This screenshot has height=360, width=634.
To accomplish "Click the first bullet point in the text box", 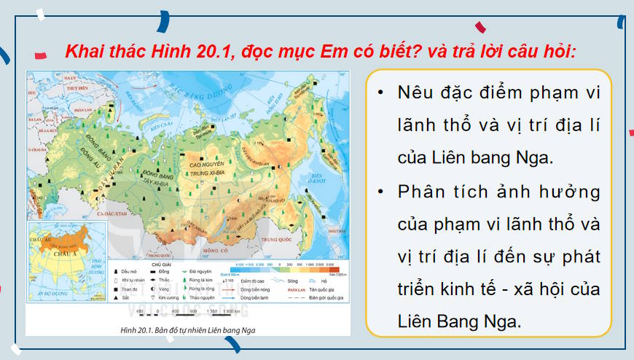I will tap(380, 93).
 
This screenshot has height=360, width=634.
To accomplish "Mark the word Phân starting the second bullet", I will tap(419, 192).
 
